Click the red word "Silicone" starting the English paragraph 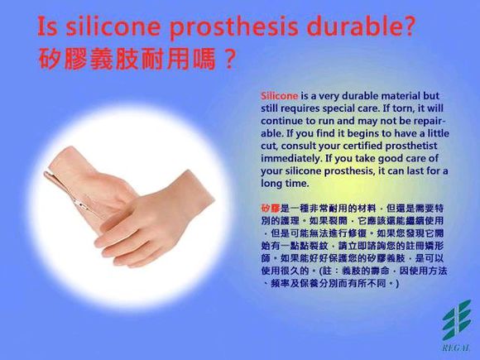pyautogui.click(x=279, y=96)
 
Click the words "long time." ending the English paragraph pyautogui.click(x=286, y=182)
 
